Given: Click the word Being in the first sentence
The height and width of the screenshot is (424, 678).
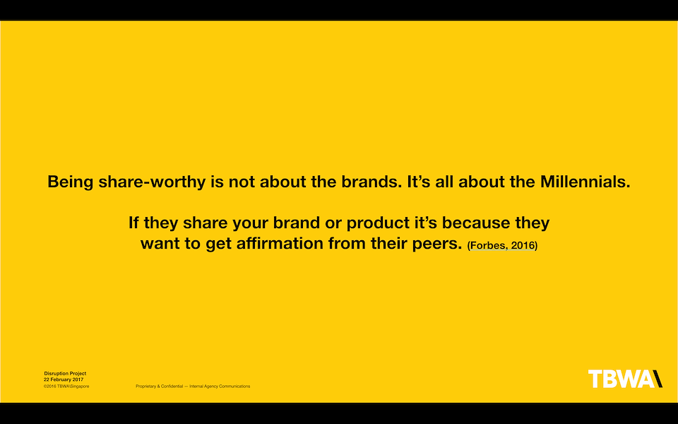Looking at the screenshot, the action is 70,182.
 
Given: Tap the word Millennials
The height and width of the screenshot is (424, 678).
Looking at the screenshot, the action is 585,182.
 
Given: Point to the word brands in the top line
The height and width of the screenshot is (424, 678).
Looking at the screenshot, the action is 371,182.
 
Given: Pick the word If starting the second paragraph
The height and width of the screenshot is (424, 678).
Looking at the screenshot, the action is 133,223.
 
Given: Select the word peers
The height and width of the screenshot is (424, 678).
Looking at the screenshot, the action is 436,244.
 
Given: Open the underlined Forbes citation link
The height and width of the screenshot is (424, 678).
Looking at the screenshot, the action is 502,245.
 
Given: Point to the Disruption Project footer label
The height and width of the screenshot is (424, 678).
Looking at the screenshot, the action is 65,373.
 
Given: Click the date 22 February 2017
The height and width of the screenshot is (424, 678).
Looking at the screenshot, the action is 64,379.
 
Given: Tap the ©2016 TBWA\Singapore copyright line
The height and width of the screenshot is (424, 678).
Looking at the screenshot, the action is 66,386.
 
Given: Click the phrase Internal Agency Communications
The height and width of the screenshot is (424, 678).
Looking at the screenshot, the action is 220,387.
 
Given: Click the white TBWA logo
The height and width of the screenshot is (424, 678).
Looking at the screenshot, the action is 625,379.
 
